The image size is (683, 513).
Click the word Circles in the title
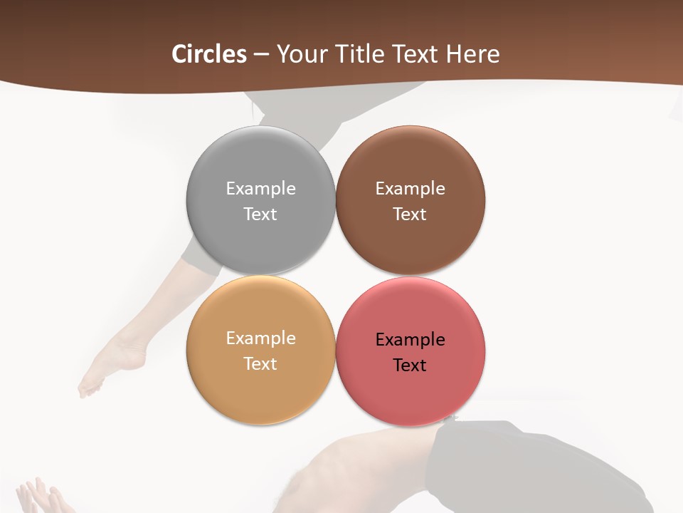click(209, 54)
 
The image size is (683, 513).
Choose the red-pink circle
click(411, 395)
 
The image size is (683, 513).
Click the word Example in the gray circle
click(260, 188)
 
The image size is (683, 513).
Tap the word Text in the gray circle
click(260, 214)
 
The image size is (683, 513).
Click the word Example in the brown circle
click(410, 188)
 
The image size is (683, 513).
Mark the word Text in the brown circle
click(410, 214)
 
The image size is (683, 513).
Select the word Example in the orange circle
click(260, 338)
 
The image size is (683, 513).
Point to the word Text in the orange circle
click(260, 363)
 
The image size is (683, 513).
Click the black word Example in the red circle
click(410, 339)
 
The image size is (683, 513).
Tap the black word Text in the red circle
click(410, 365)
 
